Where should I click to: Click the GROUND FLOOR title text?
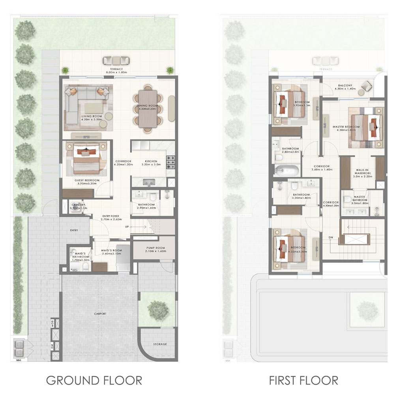coord(94,380)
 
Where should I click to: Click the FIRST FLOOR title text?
coord(303,380)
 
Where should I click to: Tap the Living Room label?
coord(92,116)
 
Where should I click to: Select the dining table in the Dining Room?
coord(148,109)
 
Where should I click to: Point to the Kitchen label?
coord(151,162)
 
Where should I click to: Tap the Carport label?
coord(100,314)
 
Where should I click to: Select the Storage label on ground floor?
coord(160,344)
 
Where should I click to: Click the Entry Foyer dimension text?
coord(111,219)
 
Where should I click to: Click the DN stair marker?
coord(330,237)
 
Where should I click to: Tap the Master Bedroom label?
coord(346,127)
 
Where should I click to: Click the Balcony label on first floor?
coord(345,85)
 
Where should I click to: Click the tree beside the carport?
coord(158,309)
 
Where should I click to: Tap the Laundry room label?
coord(78,205)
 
